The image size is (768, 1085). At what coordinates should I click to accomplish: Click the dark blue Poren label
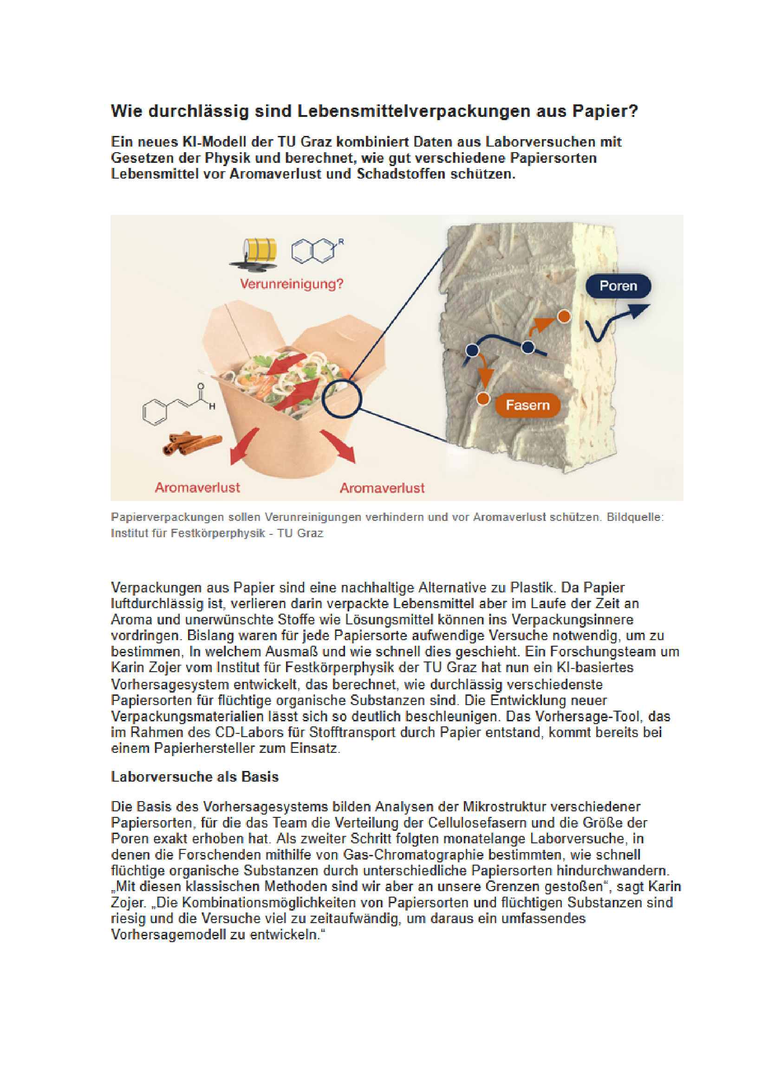pyautogui.click(x=618, y=286)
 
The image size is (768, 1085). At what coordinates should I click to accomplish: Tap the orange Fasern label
pyautogui.click(x=527, y=405)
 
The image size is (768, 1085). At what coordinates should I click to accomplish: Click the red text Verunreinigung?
pyautogui.click(x=291, y=284)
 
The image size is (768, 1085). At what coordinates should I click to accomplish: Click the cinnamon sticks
pyautogui.click(x=191, y=443)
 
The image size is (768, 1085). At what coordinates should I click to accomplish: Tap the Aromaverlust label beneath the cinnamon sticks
pyautogui.click(x=197, y=487)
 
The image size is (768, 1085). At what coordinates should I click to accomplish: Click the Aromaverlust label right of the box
pyautogui.click(x=382, y=488)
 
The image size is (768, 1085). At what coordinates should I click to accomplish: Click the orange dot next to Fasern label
pyautogui.click(x=483, y=399)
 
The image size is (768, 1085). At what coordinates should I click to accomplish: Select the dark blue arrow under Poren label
pyautogui.click(x=615, y=321)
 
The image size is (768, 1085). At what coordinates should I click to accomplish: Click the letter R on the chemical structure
pyautogui.click(x=341, y=242)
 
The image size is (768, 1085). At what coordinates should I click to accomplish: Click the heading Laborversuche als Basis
pyautogui.click(x=195, y=777)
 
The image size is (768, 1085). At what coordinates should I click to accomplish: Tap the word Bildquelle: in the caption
pyautogui.click(x=635, y=517)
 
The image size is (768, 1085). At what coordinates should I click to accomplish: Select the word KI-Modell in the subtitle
pyautogui.click(x=214, y=142)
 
